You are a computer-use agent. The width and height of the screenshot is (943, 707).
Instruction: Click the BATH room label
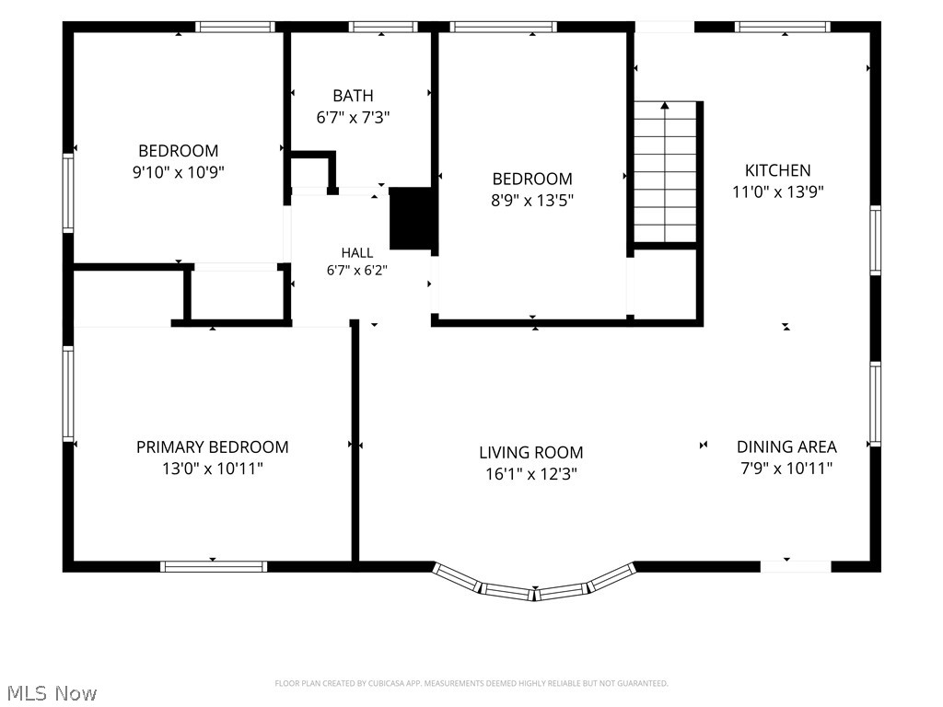pyautogui.click(x=353, y=96)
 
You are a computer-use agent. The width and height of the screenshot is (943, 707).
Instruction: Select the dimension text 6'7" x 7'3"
pyautogui.click(x=353, y=117)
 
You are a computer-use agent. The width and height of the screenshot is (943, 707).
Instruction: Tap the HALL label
pyautogui.click(x=357, y=252)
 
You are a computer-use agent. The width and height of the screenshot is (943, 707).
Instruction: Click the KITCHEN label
pyautogui.click(x=777, y=170)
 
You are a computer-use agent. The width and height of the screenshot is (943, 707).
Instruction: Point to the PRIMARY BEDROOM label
pyautogui.click(x=213, y=446)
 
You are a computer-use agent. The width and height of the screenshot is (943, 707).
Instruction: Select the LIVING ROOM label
pyautogui.click(x=531, y=452)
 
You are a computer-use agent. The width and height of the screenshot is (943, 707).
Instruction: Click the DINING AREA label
pyautogui.click(x=786, y=446)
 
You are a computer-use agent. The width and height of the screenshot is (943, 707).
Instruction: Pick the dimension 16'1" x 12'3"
pyautogui.click(x=531, y=474)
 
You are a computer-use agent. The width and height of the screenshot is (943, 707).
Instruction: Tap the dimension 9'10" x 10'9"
pyautogui.click(x=178, y=172)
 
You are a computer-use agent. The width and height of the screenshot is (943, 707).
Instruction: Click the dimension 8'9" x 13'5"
pyautogui.click(x=532, y=200)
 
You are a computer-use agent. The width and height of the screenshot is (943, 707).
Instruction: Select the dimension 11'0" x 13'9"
pyautogui.click(x=777, y=191)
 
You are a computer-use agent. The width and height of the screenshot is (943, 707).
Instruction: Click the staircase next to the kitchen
pyautogui.click(x=665, y=172)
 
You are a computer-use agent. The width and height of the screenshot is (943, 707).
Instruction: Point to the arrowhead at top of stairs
pyautogui.click(x=665, y=106)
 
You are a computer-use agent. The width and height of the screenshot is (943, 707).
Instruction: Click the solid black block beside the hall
pyautogui.click(x=412, y=218)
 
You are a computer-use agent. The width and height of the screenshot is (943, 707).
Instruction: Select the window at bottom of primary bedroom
pyautogui.click(x=214, y=566)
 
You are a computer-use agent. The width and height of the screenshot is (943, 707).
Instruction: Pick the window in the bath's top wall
pyautogui.click(x=382, y=27)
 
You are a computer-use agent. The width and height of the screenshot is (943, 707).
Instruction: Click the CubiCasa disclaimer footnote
pyautogui.click(x=471, y=684)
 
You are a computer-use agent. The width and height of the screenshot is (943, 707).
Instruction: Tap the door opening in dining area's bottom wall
pyautogui.click(x=796, y=566)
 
